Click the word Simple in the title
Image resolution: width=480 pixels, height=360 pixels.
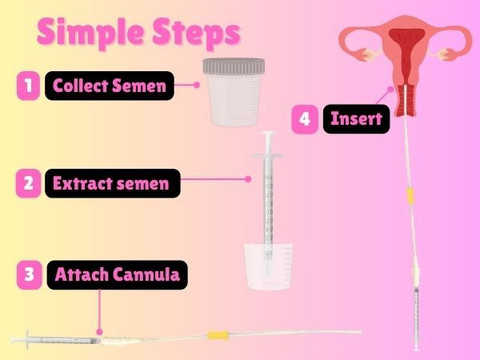click(91, 33)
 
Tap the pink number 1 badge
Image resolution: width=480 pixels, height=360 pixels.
click(28, 86)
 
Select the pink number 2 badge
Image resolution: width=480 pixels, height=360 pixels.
click(28, 183)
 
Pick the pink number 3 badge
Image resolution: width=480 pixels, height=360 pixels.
click(29, 275)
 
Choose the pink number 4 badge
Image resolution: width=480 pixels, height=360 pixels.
click(305, 119)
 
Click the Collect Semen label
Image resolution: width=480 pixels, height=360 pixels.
click(110, 86)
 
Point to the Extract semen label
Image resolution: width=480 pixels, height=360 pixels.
click(113, 183)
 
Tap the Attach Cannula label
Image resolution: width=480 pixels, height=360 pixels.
click(117, 275)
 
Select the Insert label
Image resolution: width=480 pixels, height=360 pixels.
click(356, 119)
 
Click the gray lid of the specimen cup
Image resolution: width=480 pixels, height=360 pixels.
click(234, 66)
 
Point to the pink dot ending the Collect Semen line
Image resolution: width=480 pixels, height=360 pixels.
click(197, 85)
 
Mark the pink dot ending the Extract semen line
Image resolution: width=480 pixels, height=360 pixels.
click(248, 179)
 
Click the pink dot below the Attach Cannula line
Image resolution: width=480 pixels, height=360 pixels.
click(99, 332)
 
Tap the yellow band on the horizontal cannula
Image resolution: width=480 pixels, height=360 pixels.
click(218, 335)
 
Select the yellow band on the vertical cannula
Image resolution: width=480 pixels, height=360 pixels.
click(410, 196)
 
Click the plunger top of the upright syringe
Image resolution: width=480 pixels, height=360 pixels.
click(268, 134)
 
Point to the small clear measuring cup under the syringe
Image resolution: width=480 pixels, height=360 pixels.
click(268, 266)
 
